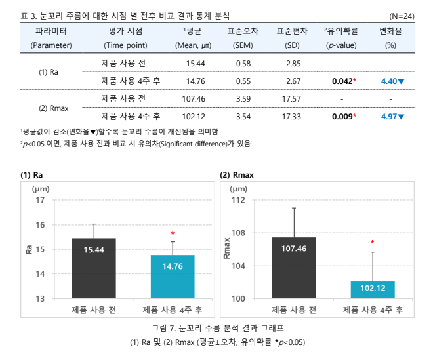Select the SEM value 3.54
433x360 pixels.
coord(243,117)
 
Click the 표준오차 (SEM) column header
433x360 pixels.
coord(243,38)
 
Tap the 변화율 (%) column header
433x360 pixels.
coord(391,38)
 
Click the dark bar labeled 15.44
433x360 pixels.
coord(94,268)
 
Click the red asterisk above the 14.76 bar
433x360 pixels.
coord(173,233)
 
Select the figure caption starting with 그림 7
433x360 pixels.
coord(216,327)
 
